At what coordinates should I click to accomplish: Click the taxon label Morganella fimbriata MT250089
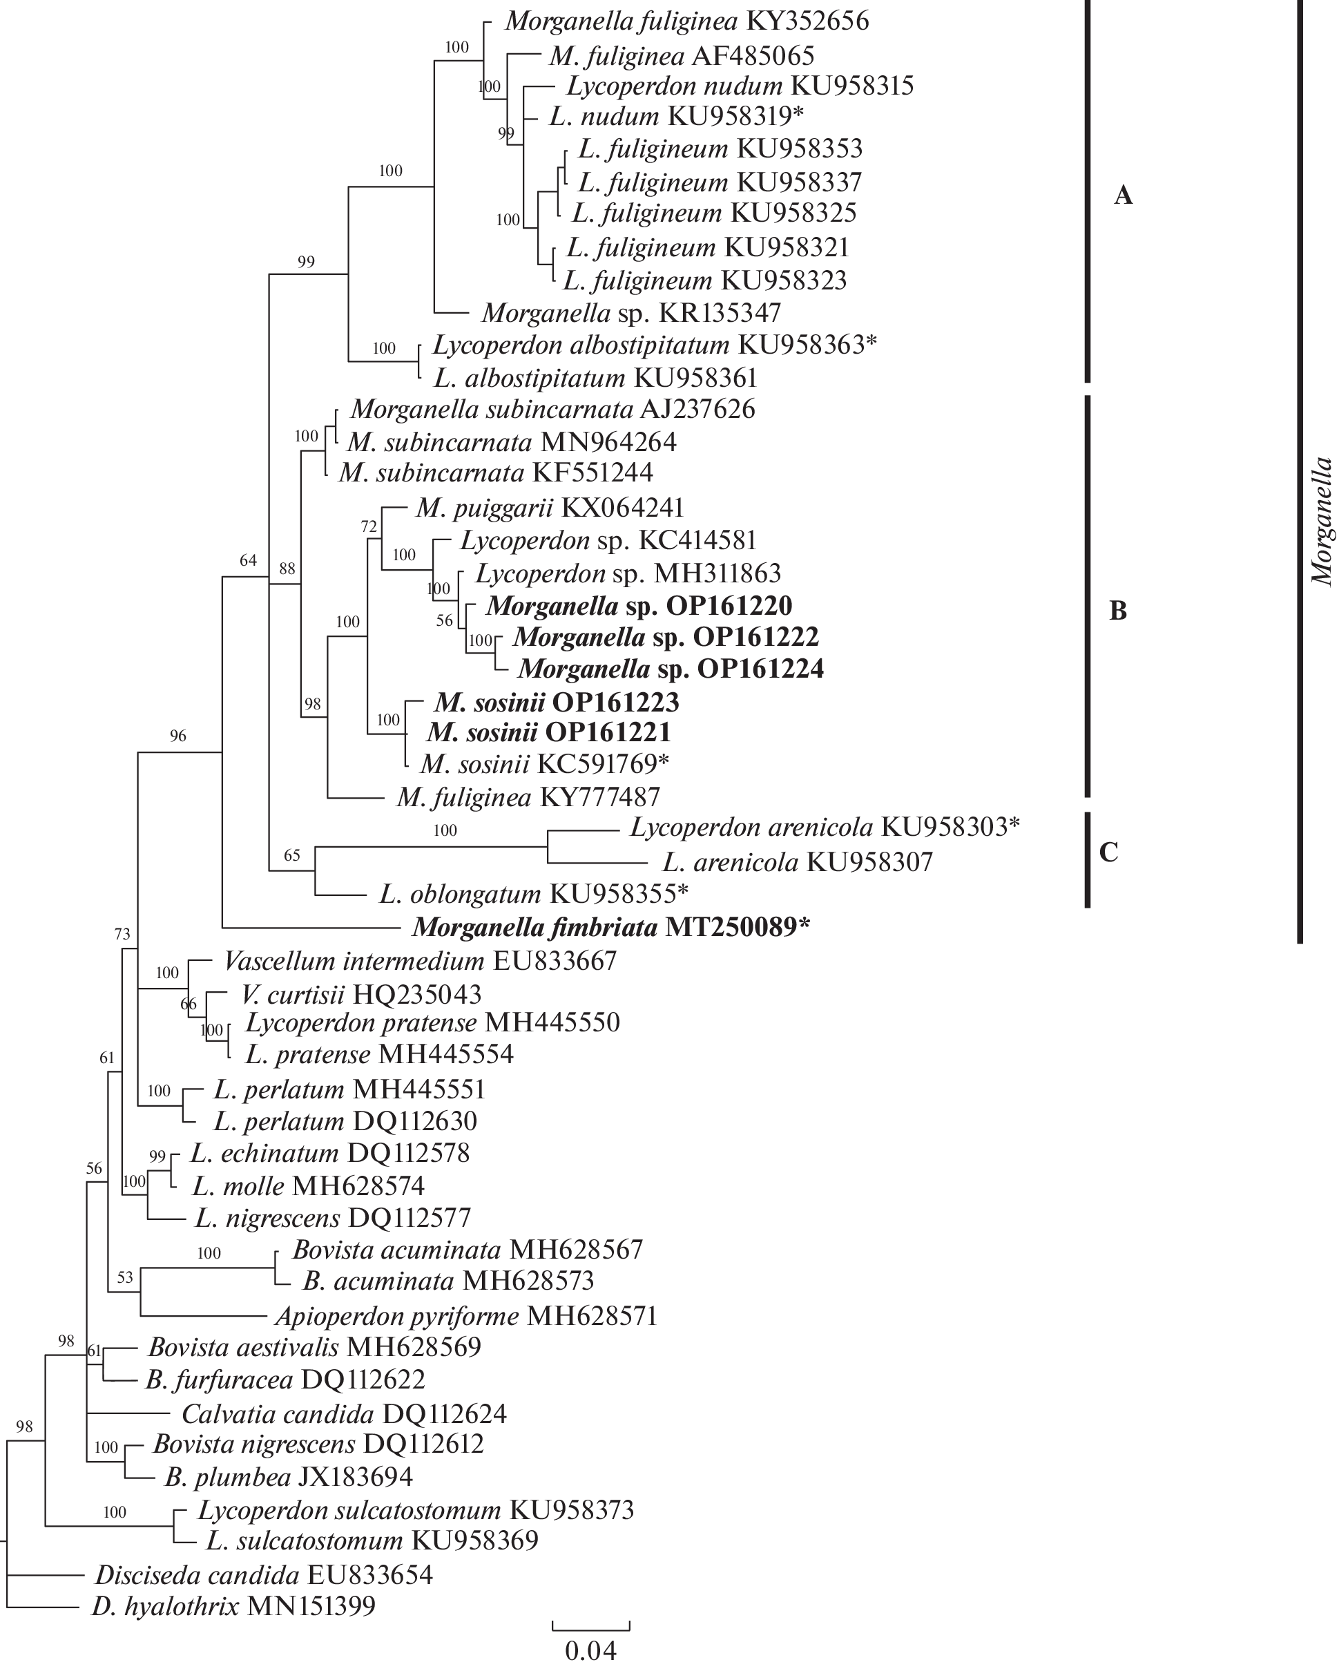pyautogui.click(x=610, y=926)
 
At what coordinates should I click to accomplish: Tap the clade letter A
pyautogui.click(x=1122, y=196)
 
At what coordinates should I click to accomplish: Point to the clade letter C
pyautogui.click(x=1108, y=852)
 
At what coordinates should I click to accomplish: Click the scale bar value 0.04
pyautogui.click(x=590, y=1650)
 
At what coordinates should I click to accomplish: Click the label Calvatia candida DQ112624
pyautogui.click(x=344, y=1414)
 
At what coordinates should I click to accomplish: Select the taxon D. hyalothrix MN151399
pyautogui.click(x=233, y=1606)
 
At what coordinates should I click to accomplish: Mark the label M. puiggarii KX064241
pyautogui.click(x=550, y=508)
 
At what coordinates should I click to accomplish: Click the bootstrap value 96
pyautogui.click(x=178, y=736)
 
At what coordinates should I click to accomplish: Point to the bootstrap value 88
pyautogui.click(x=287, y=569)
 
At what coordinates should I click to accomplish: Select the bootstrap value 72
pyautogui.click(x=369, y=527)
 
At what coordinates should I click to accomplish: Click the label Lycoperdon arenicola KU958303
pyautogui.click(x=825, y=828)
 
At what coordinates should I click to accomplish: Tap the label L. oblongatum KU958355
pyautogui.click(x=533, y=894)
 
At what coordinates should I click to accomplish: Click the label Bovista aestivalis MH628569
pyautogui.click(x=314, y=1347)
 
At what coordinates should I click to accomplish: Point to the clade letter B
pyautogui.click(x=1117, y=611)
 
